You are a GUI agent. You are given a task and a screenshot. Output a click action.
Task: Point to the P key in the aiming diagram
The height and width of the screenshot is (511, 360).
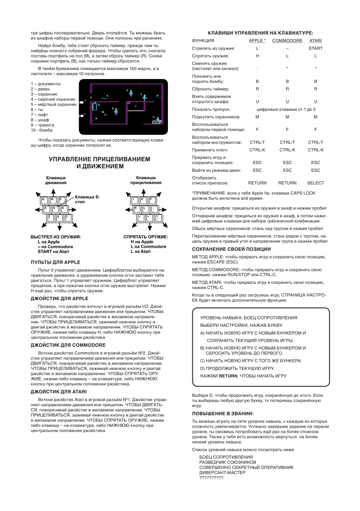152,200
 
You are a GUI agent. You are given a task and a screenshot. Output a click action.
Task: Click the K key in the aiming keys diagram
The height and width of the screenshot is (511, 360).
136,208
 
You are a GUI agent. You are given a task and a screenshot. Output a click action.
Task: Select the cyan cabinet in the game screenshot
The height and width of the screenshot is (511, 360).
95,106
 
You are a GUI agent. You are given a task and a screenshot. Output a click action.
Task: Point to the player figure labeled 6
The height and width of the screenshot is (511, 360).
116,112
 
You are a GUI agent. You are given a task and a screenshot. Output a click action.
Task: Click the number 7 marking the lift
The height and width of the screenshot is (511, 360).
135,106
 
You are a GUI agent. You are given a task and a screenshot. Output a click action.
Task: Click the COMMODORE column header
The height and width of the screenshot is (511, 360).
287,40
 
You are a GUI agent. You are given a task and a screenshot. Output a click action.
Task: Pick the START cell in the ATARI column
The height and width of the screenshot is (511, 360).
315,49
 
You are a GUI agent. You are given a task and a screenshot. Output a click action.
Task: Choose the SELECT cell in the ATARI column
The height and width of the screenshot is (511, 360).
315,183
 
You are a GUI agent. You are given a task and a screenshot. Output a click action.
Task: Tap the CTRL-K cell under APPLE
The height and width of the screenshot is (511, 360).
257,150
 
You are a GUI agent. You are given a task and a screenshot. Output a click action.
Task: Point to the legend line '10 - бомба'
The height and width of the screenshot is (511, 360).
42,130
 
